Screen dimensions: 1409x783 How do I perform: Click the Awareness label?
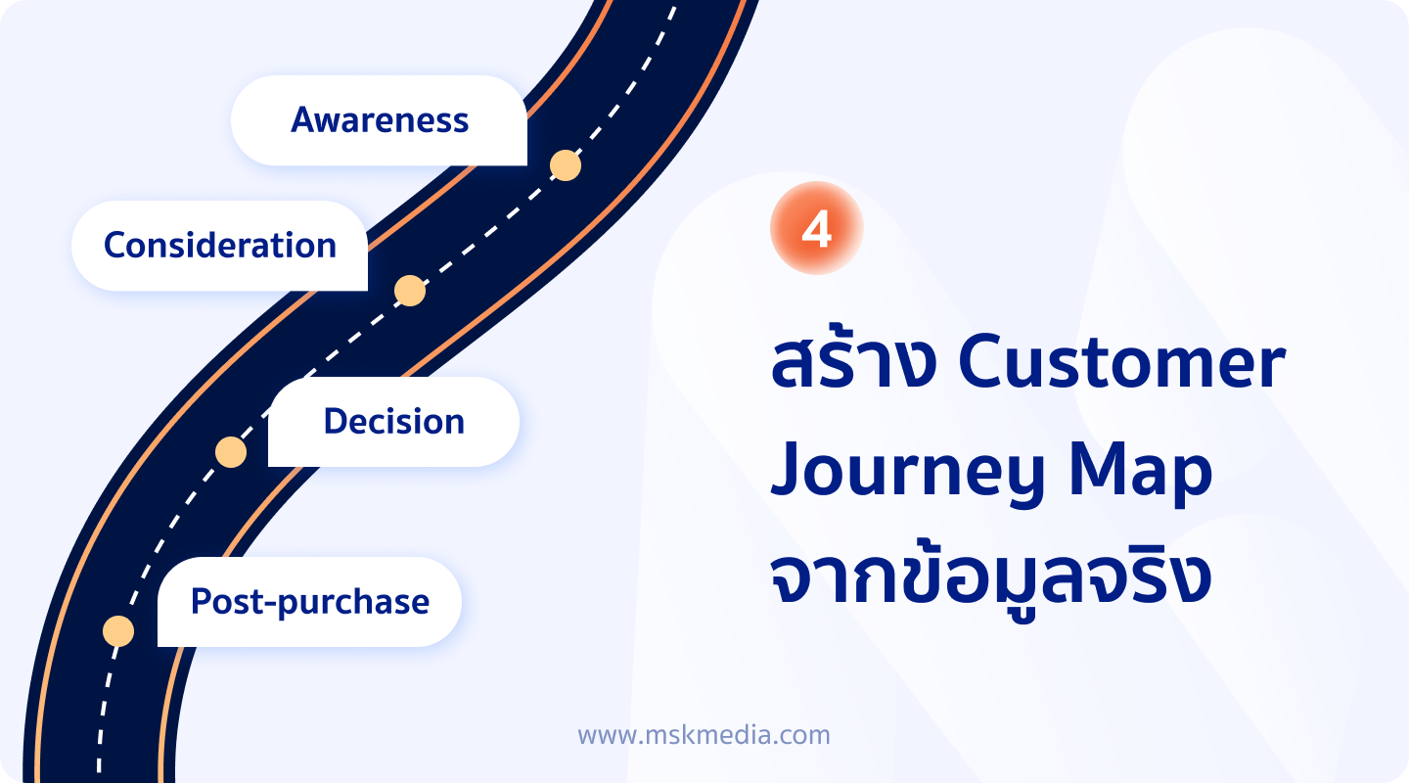coord(380,120)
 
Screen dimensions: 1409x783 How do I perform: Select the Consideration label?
coord(220,245)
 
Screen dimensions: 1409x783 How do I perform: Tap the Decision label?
coord(393,421)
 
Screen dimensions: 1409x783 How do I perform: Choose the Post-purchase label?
coord(310,601)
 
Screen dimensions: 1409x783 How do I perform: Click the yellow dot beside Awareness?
coord(566,165)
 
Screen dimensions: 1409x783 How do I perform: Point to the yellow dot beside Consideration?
coord(410,291)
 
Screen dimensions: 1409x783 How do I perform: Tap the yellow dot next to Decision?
coord(231,452)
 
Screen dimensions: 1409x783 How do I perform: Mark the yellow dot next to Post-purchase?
coord(118,631)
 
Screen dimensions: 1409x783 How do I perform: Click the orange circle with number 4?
coord(816,228)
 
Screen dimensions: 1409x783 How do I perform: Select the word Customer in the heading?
coord(1122,364)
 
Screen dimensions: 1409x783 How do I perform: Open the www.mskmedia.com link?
coord(704,735)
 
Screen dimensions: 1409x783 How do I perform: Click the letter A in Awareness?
coord(303,119)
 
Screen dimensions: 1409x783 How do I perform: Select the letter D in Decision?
coord(336,421)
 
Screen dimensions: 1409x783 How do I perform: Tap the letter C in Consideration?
coord(115,245)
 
